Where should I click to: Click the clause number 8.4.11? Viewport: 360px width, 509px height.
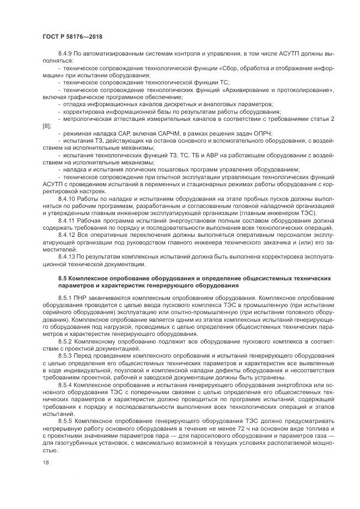(66, 221)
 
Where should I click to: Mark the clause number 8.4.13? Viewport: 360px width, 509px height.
(66, 256)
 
